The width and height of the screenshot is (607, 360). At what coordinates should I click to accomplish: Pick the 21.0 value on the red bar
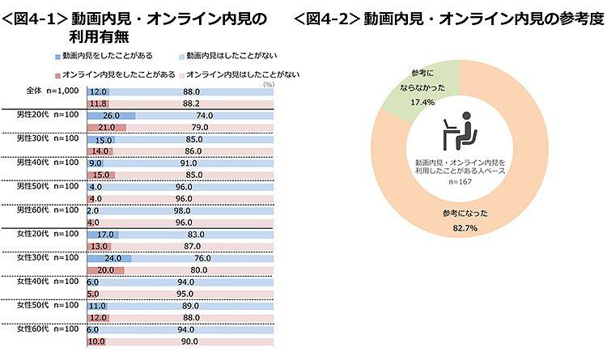pyautogui.click(x=105, y=128)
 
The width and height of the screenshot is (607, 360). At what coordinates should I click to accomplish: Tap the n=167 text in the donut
pyautogui.click(x=459, y=182)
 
